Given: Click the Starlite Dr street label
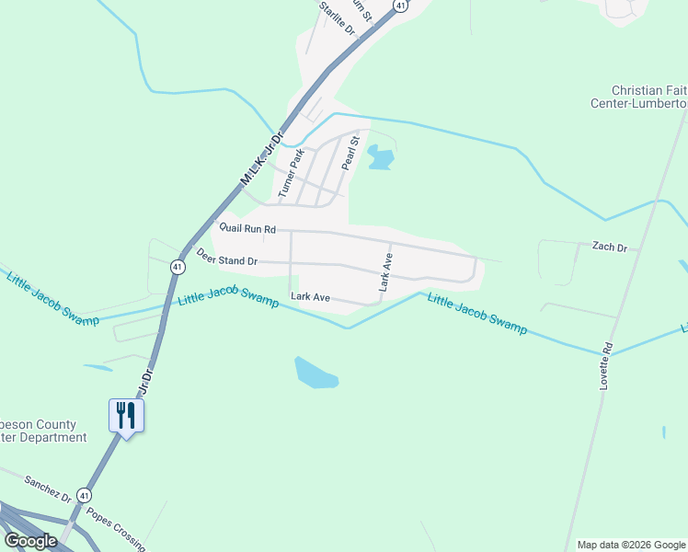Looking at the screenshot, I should point(337,17).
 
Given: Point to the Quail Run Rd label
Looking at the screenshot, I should point(247,228).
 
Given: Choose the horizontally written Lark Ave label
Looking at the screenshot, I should point(310,296).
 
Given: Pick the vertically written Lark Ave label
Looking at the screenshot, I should point(386,273).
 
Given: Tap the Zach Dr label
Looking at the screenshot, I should point(609,247).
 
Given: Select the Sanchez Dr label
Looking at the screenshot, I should point(48,489).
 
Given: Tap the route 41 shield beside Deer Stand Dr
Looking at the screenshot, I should point(177,266).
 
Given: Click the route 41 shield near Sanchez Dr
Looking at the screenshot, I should point(83,495).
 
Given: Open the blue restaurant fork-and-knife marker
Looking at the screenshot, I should point(125,416).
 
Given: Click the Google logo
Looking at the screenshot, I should point(30,540).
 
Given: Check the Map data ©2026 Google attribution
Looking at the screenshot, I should point(630,545).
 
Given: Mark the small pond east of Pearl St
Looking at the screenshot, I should point(380,157).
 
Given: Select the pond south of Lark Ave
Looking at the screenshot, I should point(315,372).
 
